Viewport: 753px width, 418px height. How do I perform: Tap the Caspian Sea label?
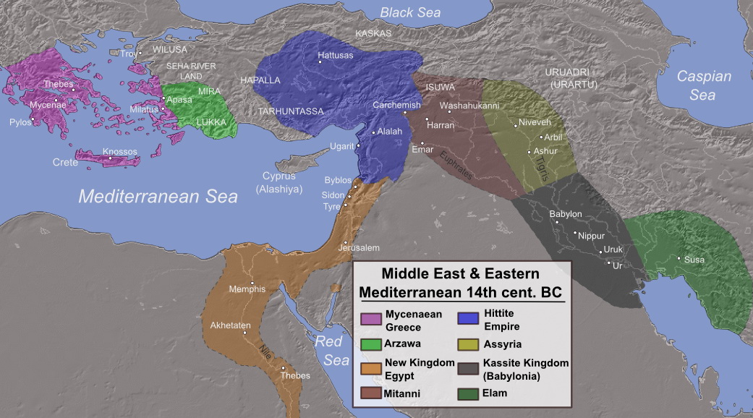click(704, 85)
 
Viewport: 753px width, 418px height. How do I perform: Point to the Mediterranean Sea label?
click(158, 196)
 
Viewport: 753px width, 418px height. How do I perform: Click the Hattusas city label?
click(336, 55)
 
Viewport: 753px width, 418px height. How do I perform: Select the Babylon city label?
click(566, 214)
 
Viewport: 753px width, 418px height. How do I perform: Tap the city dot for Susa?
click(678, 258)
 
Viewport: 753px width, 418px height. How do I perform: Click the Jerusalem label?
click(358, 248)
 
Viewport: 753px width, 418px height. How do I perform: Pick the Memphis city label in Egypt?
click(247, 289)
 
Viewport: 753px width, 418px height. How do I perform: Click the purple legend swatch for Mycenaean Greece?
click(371, 319)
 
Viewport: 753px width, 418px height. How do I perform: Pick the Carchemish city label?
click(396, 105)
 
